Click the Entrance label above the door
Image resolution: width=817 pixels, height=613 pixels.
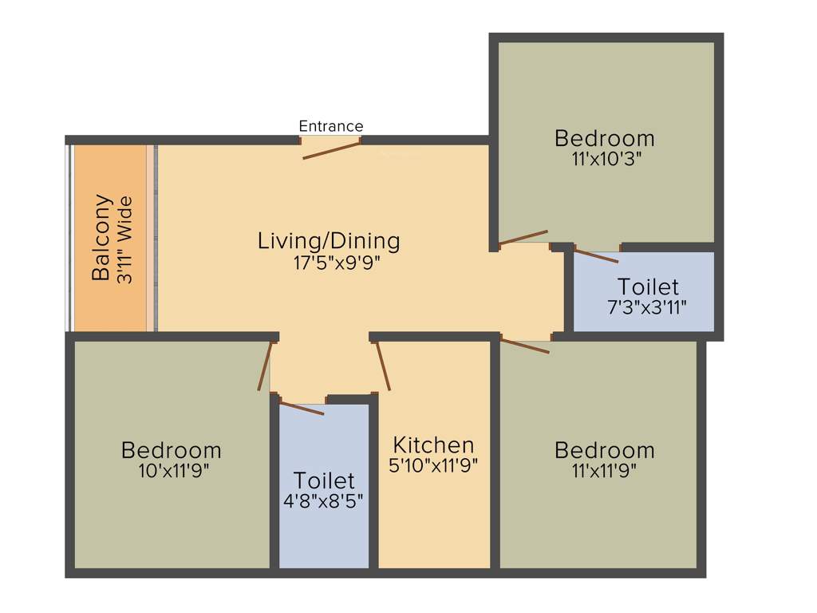pyautogui.click(x=330, y=126)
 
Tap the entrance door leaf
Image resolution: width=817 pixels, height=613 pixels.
pyautogui.click(x=332, y=152)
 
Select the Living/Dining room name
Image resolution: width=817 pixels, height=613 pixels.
pyautogui.click(x=329, y=240)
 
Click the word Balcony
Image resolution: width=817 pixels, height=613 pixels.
pyautogui.click(x=101, y=237)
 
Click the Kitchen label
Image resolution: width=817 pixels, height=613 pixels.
pyautogui.click(x=433, y=445)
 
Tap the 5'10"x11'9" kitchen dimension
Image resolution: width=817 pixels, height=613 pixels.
pyautogui.click(x=433, y=465)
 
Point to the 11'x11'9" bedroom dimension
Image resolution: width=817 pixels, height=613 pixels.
pyautogui.click(x=604, y=470)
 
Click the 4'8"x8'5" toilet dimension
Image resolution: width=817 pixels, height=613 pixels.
pyautogui.click(x=324, y=502)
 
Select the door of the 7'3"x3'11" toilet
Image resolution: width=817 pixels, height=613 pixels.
pyautogui.click(x=596, y=256)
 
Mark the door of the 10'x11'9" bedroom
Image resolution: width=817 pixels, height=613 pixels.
pyautogui.click(x=265, y=366)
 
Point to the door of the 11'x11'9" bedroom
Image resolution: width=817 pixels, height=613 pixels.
pyautogui.click(x=525, y=346)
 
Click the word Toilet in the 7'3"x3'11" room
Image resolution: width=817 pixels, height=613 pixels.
pyautogui.click(x=647, y=286)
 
